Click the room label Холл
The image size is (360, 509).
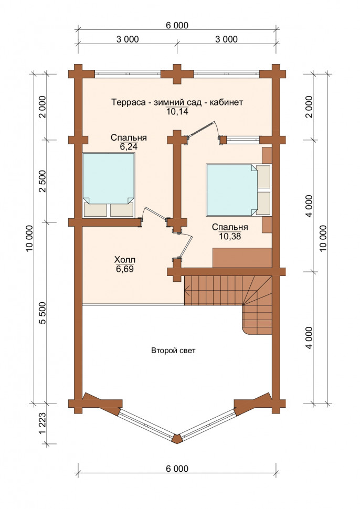125,260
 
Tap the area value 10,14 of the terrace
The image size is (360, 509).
177,112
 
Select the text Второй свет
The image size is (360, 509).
173,351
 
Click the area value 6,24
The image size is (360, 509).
129,147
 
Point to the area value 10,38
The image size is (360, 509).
230,236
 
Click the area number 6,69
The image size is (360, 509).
125,269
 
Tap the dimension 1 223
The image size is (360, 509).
43,423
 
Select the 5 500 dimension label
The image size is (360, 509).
43,313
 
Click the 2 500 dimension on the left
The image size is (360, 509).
43,181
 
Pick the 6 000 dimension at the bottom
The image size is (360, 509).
177,469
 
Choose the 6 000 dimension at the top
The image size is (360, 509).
177,25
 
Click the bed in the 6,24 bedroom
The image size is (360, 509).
109,185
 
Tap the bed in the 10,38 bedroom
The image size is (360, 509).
239,190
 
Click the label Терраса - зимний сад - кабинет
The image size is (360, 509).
177,102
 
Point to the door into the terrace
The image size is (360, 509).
203,130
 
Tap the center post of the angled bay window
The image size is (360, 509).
177,439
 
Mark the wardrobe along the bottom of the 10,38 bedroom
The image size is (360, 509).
242,258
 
